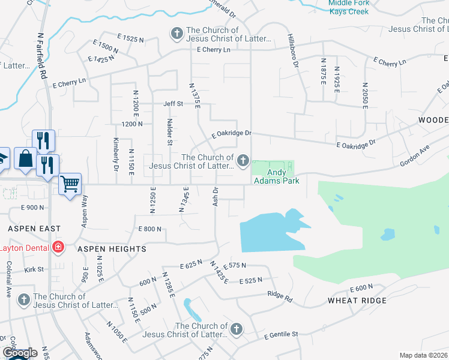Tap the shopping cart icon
point(70,184)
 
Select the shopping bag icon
point(26,159)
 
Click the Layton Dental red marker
point(58,247)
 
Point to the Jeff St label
point(173,104)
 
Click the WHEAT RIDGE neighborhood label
point(357,300)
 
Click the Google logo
point(19,352)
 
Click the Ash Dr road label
point(215,196)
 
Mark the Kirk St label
point(33,269)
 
